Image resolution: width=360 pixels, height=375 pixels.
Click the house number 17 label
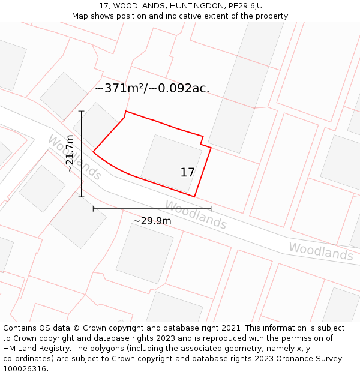coord(187,172)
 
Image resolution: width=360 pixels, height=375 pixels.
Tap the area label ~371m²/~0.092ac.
coord(152,88)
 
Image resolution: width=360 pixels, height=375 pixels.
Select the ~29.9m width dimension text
coord(152,221)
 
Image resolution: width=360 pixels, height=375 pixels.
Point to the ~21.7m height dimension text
coord(70,154)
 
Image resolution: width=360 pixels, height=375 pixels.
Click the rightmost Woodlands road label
coord(321,251)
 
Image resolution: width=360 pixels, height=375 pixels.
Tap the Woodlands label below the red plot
coord(196,214)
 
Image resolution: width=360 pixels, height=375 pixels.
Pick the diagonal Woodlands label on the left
coord(74,157)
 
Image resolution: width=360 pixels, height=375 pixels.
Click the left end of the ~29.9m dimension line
coord(93,209)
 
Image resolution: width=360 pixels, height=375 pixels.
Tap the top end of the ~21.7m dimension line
coord(81,111)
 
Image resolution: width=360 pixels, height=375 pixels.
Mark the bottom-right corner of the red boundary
coord(194,196)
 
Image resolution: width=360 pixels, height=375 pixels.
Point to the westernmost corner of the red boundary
coord(93,152)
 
